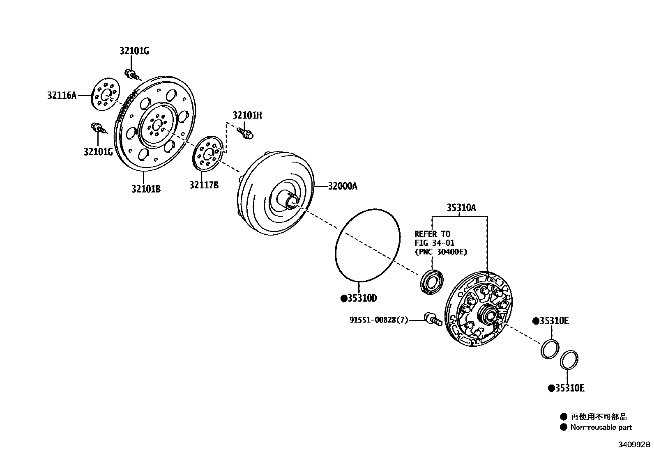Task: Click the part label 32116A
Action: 62,96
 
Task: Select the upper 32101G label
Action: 134,51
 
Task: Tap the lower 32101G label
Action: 98,152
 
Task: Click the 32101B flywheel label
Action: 146,189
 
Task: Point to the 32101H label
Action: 247,115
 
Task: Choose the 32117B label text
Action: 204,185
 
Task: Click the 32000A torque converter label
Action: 342,186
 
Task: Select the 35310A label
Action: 461,208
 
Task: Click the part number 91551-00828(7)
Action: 379,320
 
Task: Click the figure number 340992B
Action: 635,445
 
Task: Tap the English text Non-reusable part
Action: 601,427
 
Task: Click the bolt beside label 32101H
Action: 246,133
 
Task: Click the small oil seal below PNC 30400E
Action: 431,282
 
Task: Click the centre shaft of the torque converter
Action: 291,201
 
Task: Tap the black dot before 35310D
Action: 343,298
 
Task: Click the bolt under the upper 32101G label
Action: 132,75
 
